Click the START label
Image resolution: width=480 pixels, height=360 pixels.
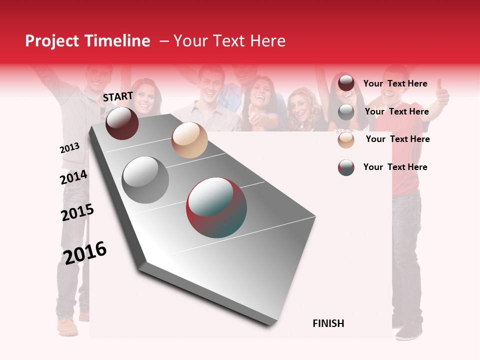click(118, 96)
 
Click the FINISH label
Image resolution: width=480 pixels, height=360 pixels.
click(328, 323)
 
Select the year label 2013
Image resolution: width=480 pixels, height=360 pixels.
click(69, 147)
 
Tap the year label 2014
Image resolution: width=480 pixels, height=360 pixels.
click(73, 177)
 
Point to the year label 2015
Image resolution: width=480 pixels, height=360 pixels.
click(77, 212)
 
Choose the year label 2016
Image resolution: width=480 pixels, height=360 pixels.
click(85, 252)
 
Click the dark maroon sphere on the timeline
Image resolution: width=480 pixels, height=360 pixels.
click(122, 123)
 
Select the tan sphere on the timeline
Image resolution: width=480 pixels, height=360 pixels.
click(189, 140)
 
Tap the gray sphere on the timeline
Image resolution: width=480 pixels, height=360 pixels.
click(145, 179)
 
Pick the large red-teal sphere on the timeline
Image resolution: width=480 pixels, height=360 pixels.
click(216, 207)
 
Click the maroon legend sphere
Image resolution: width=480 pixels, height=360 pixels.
click(346, 83)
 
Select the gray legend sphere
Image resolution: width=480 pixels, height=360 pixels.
click(346, 112)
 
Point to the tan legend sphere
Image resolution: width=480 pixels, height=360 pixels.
click(346, 140)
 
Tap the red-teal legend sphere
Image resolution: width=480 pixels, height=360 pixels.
click(346, 167)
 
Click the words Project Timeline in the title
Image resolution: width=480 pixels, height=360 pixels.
click(87, 41)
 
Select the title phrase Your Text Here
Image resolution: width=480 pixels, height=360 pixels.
click(229, 41)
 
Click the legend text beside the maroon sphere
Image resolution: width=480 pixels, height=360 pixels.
click(395, 83)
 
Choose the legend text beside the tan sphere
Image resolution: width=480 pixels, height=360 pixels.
click(397, 139)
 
